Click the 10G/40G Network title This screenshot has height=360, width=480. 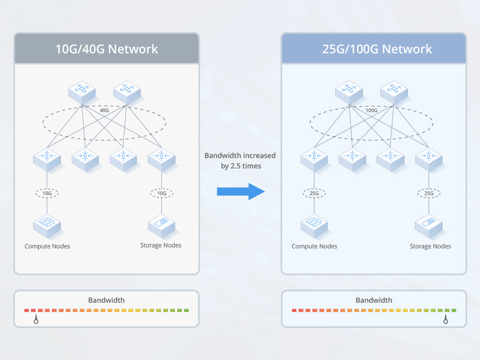107,49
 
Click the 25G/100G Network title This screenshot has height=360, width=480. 377,49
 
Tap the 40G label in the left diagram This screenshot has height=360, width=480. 104,110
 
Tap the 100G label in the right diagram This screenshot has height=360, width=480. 371,110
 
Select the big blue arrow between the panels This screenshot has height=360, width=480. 241,192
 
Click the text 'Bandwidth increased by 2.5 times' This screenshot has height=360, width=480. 240,160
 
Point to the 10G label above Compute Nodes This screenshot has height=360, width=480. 47,193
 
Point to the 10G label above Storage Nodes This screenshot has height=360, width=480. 162,193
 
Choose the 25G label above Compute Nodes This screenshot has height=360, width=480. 314,193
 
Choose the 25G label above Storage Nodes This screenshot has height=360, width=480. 429,193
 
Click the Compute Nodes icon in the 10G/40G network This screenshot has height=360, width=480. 47,226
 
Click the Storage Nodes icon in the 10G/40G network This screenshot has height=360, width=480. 162,226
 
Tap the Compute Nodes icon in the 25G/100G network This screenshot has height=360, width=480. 314,226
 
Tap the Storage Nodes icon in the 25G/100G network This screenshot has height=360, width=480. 429,226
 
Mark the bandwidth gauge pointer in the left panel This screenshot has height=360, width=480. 36,319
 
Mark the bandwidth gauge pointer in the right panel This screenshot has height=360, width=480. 446,319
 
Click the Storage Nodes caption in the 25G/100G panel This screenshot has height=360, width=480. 430,246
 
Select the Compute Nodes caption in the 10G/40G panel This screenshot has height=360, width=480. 47,246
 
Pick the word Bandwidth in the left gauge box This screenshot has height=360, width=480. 107,300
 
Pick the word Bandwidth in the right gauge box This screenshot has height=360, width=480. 374,300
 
